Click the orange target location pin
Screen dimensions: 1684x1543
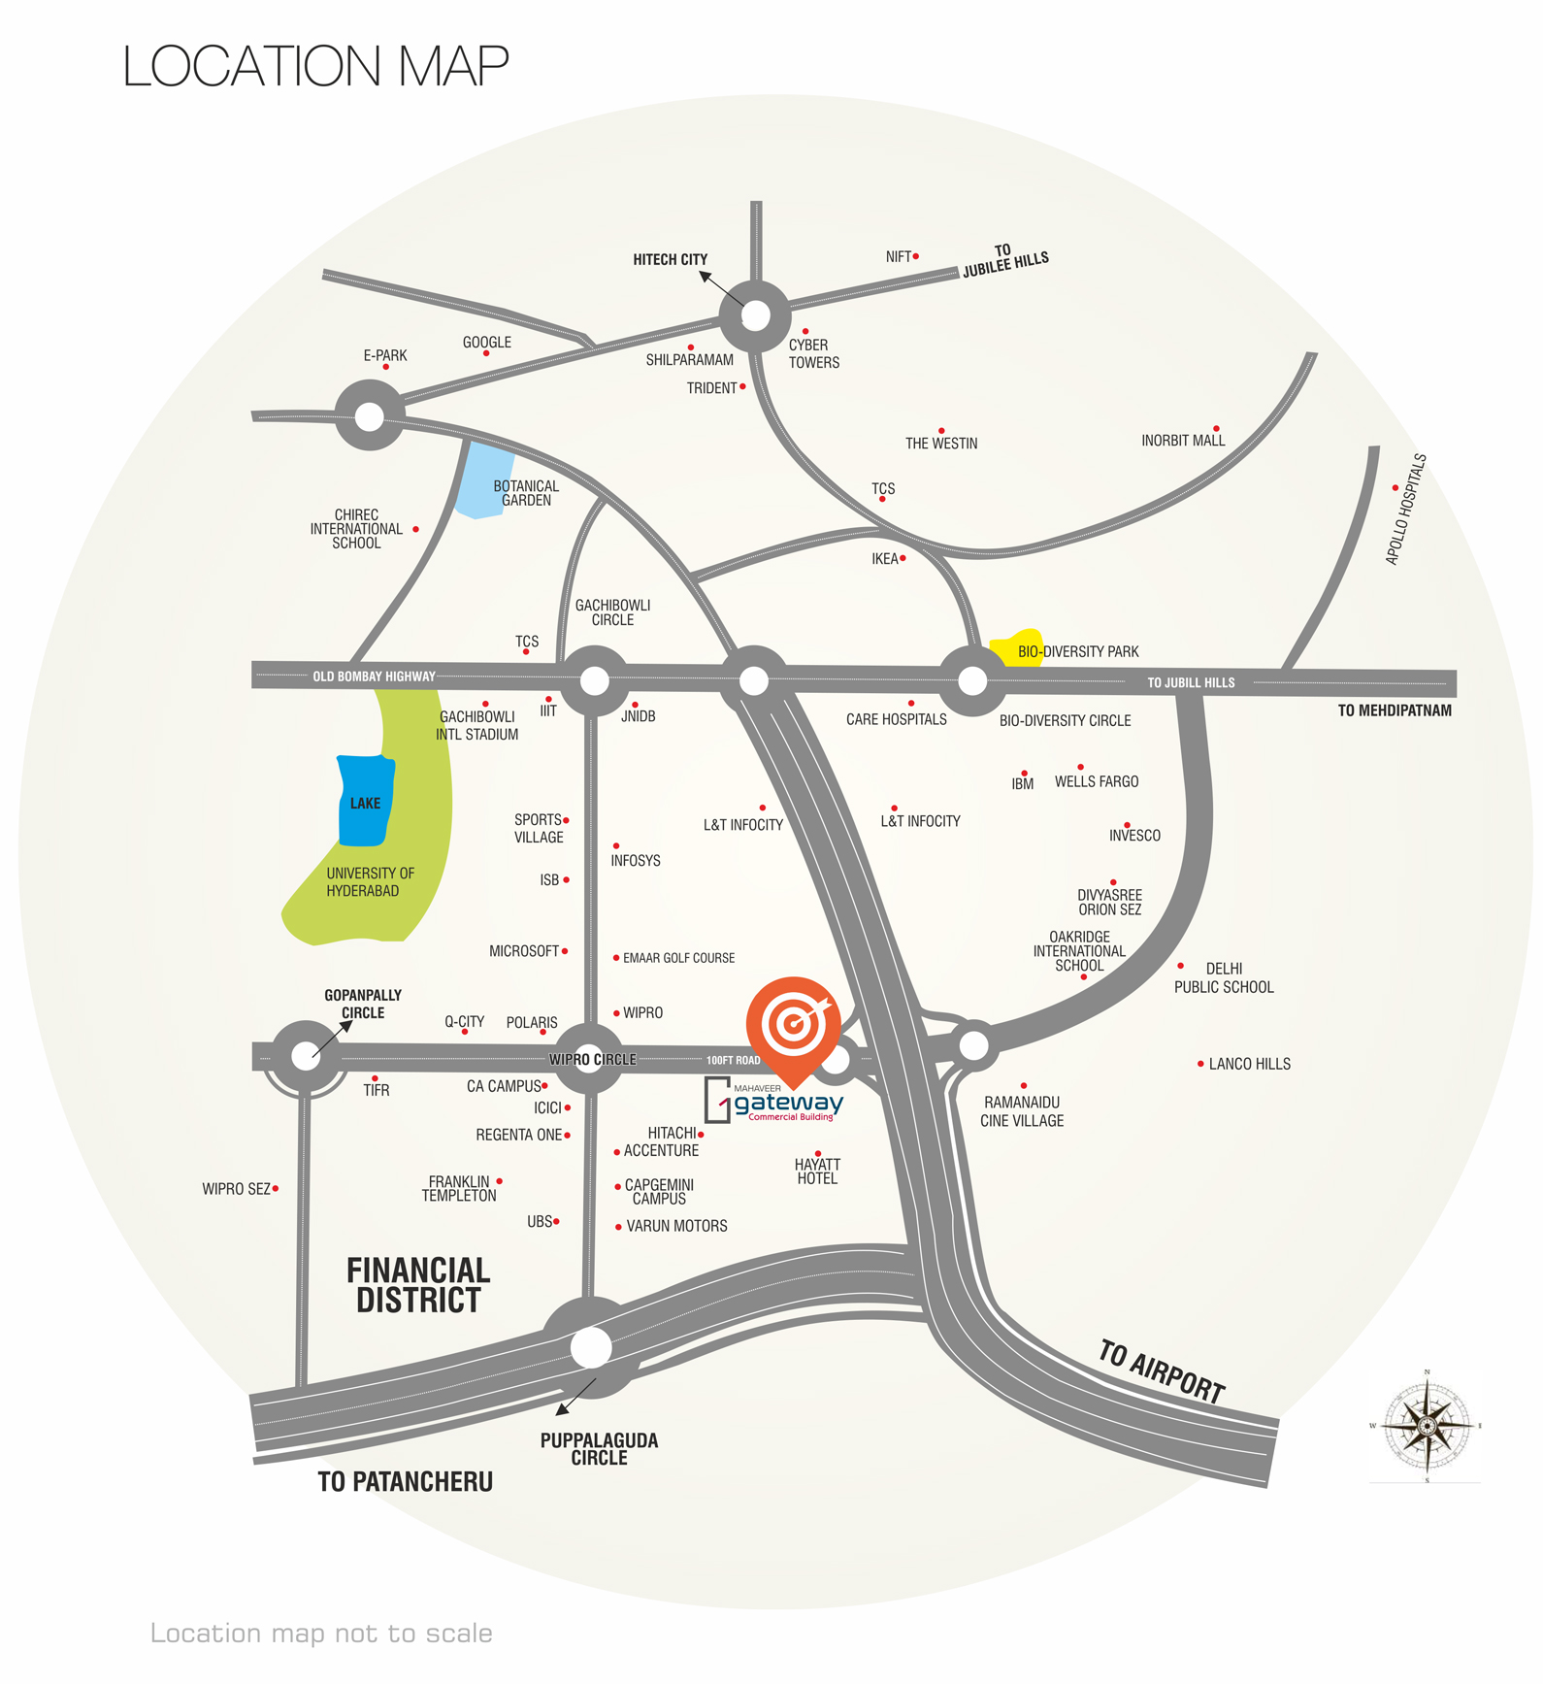pos(794,1024)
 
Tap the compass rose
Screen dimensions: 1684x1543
pos(1427,1425)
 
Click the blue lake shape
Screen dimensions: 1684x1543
pos(365,801)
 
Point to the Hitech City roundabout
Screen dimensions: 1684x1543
pos(755,315)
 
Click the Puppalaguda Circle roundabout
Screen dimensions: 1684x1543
pos(591,1347)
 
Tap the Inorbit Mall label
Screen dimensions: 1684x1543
pos(1183,441)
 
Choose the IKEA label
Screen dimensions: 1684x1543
pos(884,559)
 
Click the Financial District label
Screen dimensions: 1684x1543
pos(418,1285)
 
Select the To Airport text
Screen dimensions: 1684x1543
pos(1162,1370)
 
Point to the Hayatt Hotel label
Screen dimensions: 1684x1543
pos(817,1172)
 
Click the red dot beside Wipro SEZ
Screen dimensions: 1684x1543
pos(276,1188)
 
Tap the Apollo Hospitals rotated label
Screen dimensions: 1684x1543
pos(1406,509)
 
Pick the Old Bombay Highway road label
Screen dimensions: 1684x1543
pos(374,677)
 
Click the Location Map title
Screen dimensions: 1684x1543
pos(315,66)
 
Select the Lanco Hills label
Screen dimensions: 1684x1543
pos(1249,1064)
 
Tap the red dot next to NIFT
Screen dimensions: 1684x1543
pos(915,256)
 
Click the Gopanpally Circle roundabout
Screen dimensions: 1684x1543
pos(306,1056)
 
